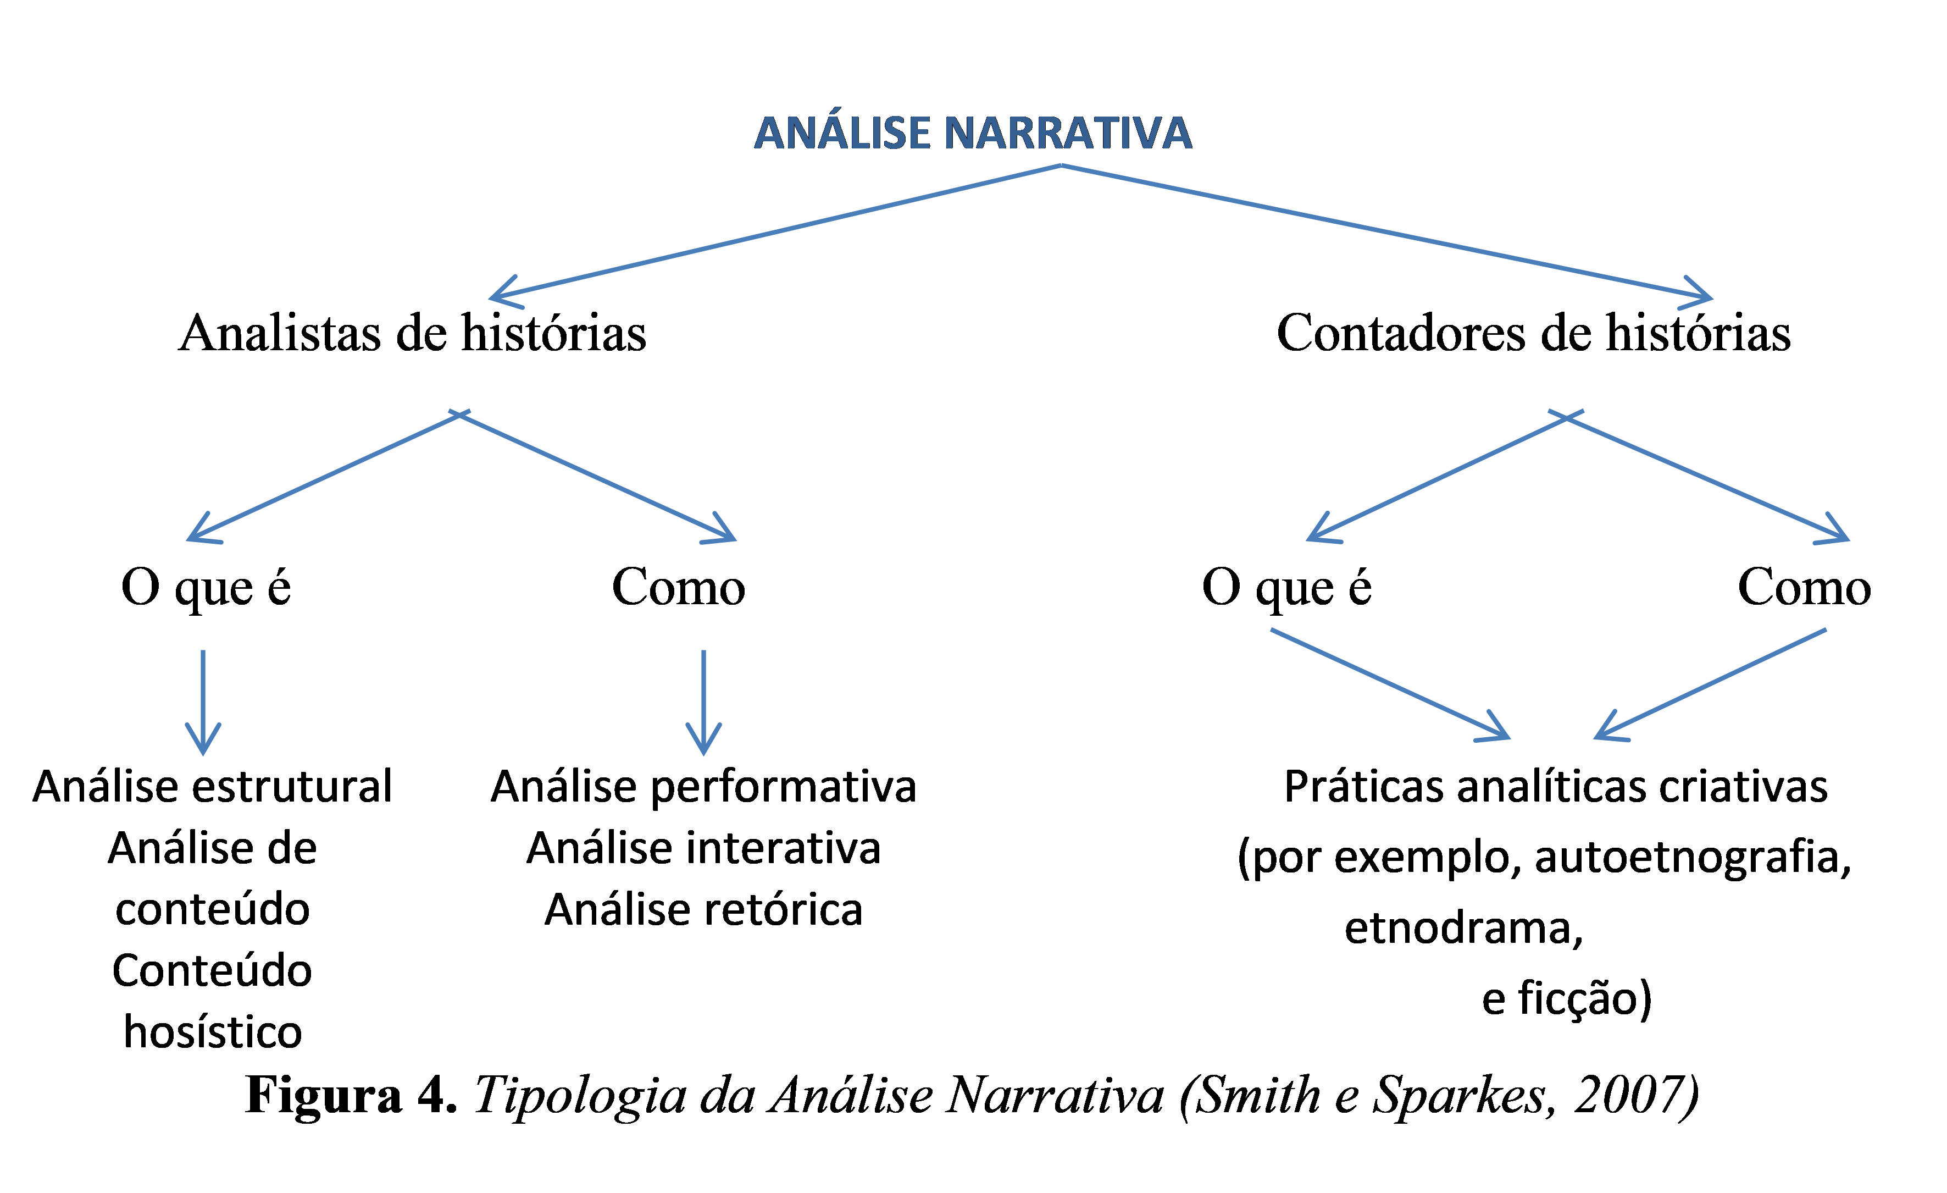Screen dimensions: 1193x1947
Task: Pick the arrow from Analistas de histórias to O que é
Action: (x=324, y=477)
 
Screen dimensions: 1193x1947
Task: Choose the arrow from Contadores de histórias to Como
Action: (x=1707, y=477)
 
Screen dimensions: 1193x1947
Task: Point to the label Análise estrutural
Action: (x=213, y=787)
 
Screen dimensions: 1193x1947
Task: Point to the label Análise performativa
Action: (x=703, y=787)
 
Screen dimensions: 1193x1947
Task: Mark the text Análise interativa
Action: (x=703, y=848)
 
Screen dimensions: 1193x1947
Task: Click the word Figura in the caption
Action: (x=324, y=1097)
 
